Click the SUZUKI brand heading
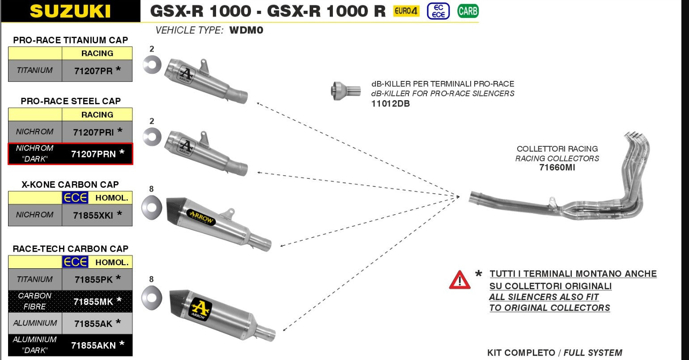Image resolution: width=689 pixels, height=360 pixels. click(70, 11)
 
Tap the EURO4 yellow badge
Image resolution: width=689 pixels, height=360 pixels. click(406, 11)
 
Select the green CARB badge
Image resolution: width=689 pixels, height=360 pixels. click(468, 11)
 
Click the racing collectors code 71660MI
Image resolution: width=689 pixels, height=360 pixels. click(557, 168)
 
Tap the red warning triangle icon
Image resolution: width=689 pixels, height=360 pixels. click(459, 280)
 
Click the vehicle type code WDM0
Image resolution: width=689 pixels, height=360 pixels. click(246, 30)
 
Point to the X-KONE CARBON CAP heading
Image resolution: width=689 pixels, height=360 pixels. click(70, 184)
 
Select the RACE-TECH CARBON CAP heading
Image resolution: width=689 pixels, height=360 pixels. click(70, 249)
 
